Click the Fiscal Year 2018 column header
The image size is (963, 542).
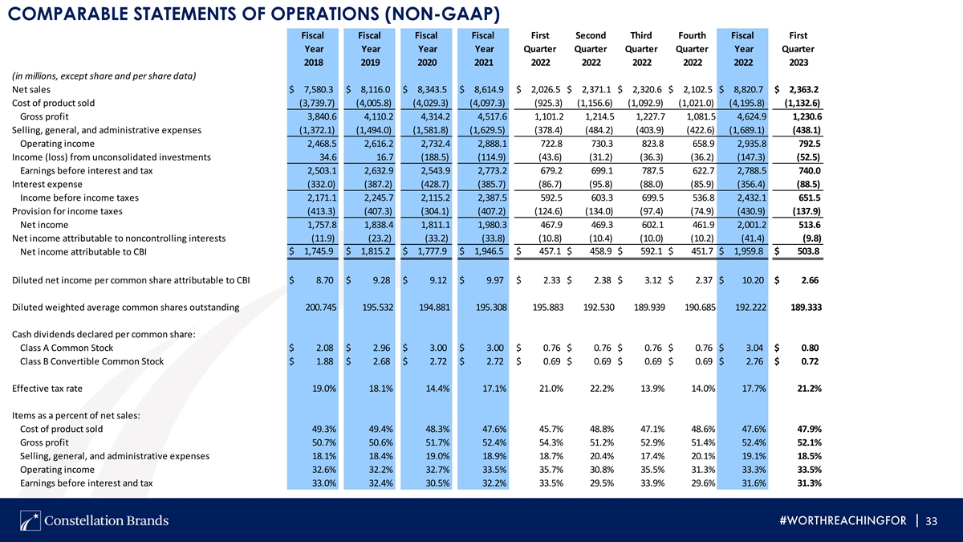click(x=313, y=49)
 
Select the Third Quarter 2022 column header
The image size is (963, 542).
click(x=641, y=49)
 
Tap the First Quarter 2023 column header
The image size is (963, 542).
click(x=798, y=49)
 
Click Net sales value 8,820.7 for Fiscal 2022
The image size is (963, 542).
click(x=749, y=89)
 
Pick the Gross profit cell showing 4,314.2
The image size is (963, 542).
click(x=436, y=116)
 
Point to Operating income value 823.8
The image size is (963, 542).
click(x=652, y=144)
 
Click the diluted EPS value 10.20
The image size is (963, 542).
click(x=753, y=280)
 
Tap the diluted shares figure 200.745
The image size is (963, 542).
click(x=321, y=308)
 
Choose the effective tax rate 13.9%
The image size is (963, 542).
click(x=652, y=389)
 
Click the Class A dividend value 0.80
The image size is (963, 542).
click(x=810, y=348)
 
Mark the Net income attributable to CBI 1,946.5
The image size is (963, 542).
click(x=489, y=251)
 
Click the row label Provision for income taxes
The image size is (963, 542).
click(x=67, y=211)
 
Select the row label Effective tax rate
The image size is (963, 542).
click(x=47, y=389)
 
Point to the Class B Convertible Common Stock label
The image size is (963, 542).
click(x=91, y=361)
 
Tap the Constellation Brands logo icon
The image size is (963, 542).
click(x=30, y=520)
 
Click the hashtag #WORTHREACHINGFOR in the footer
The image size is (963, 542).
click(x=843, y=521)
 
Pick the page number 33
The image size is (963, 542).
click(x=931, y=521)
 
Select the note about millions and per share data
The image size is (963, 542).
click(x=104, y=76)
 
